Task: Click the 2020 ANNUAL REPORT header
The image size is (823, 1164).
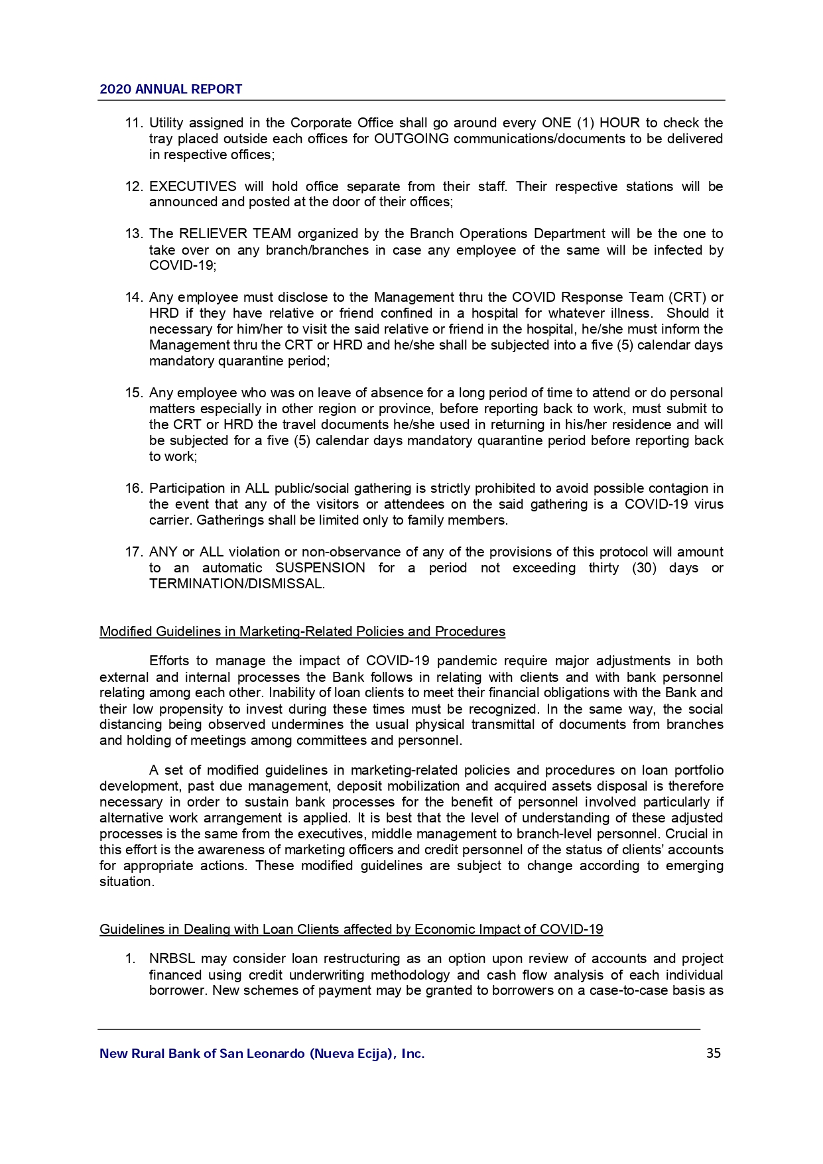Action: point(170,90)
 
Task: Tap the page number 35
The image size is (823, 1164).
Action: point(713,1053)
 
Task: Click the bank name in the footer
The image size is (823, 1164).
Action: point(262,1053)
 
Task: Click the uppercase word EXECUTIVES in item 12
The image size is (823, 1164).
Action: point(192,187)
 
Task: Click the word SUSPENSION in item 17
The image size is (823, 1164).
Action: point(320,568)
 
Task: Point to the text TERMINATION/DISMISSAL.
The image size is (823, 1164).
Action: point(237,584)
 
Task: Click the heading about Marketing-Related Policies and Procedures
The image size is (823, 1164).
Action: point(302,632)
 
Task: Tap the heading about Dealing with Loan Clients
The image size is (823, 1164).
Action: point(351,930)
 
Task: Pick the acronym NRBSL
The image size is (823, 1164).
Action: point(172,959)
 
